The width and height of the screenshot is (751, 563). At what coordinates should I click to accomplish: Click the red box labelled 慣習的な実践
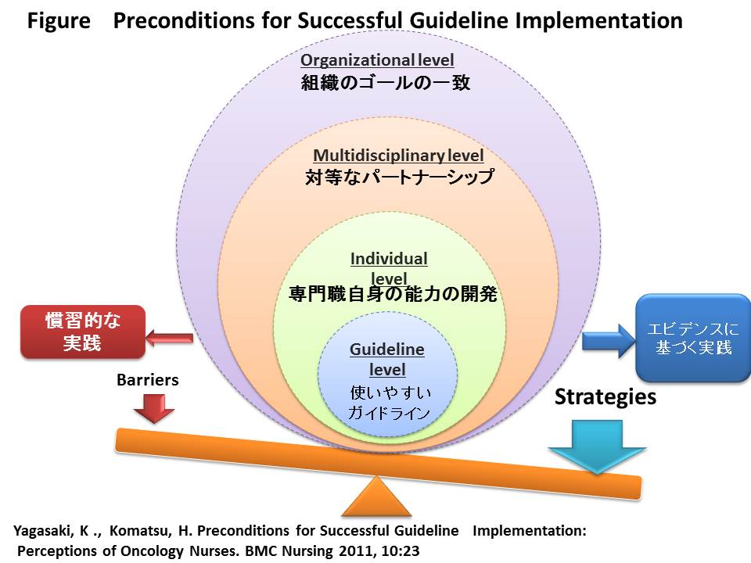click(82, 332)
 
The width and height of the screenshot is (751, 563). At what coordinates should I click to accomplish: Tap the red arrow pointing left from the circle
click(169, 339)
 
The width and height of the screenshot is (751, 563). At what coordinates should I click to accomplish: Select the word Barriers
click(147, 380)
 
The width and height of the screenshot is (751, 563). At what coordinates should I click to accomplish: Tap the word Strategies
click(605, 397)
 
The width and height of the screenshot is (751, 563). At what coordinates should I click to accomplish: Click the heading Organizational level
click(377, 60)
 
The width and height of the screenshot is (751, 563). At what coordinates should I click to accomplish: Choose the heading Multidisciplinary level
click(398, 156)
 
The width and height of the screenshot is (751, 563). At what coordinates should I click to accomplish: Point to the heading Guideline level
click(387, 359)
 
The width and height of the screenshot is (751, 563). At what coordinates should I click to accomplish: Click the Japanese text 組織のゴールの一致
click(386, 83)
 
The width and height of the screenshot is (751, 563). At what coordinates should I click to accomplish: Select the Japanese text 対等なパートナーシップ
click(399, 178)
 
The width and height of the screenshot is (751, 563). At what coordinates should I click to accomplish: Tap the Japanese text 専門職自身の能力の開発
click(393, 295)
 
